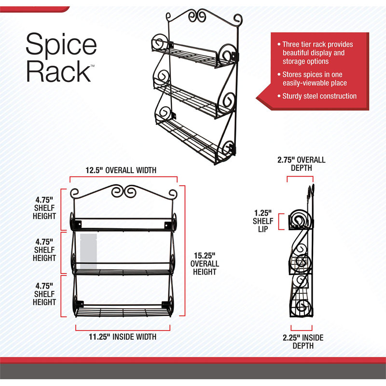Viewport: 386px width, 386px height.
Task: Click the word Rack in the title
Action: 58,71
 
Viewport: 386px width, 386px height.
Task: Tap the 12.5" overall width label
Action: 121,170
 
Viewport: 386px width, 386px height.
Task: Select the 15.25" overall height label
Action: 205,263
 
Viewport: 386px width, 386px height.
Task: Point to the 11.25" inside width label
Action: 123,336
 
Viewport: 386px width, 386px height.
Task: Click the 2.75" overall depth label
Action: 301,164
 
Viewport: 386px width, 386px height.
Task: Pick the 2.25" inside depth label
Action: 303,342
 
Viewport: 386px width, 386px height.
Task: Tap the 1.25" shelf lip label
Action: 263,221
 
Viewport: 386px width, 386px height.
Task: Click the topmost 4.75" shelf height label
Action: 44,208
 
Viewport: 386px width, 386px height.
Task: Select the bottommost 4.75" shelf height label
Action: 44,294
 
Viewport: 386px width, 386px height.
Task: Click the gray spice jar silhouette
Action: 88,251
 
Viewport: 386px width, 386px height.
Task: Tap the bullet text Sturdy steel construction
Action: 319,96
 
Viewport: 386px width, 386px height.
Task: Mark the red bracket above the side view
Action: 300,176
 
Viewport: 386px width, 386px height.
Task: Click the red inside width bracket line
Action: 123,331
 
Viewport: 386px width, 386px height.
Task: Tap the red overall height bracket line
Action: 185,250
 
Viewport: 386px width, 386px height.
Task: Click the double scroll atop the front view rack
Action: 124,192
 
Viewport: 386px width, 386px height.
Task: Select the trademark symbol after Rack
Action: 93,66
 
